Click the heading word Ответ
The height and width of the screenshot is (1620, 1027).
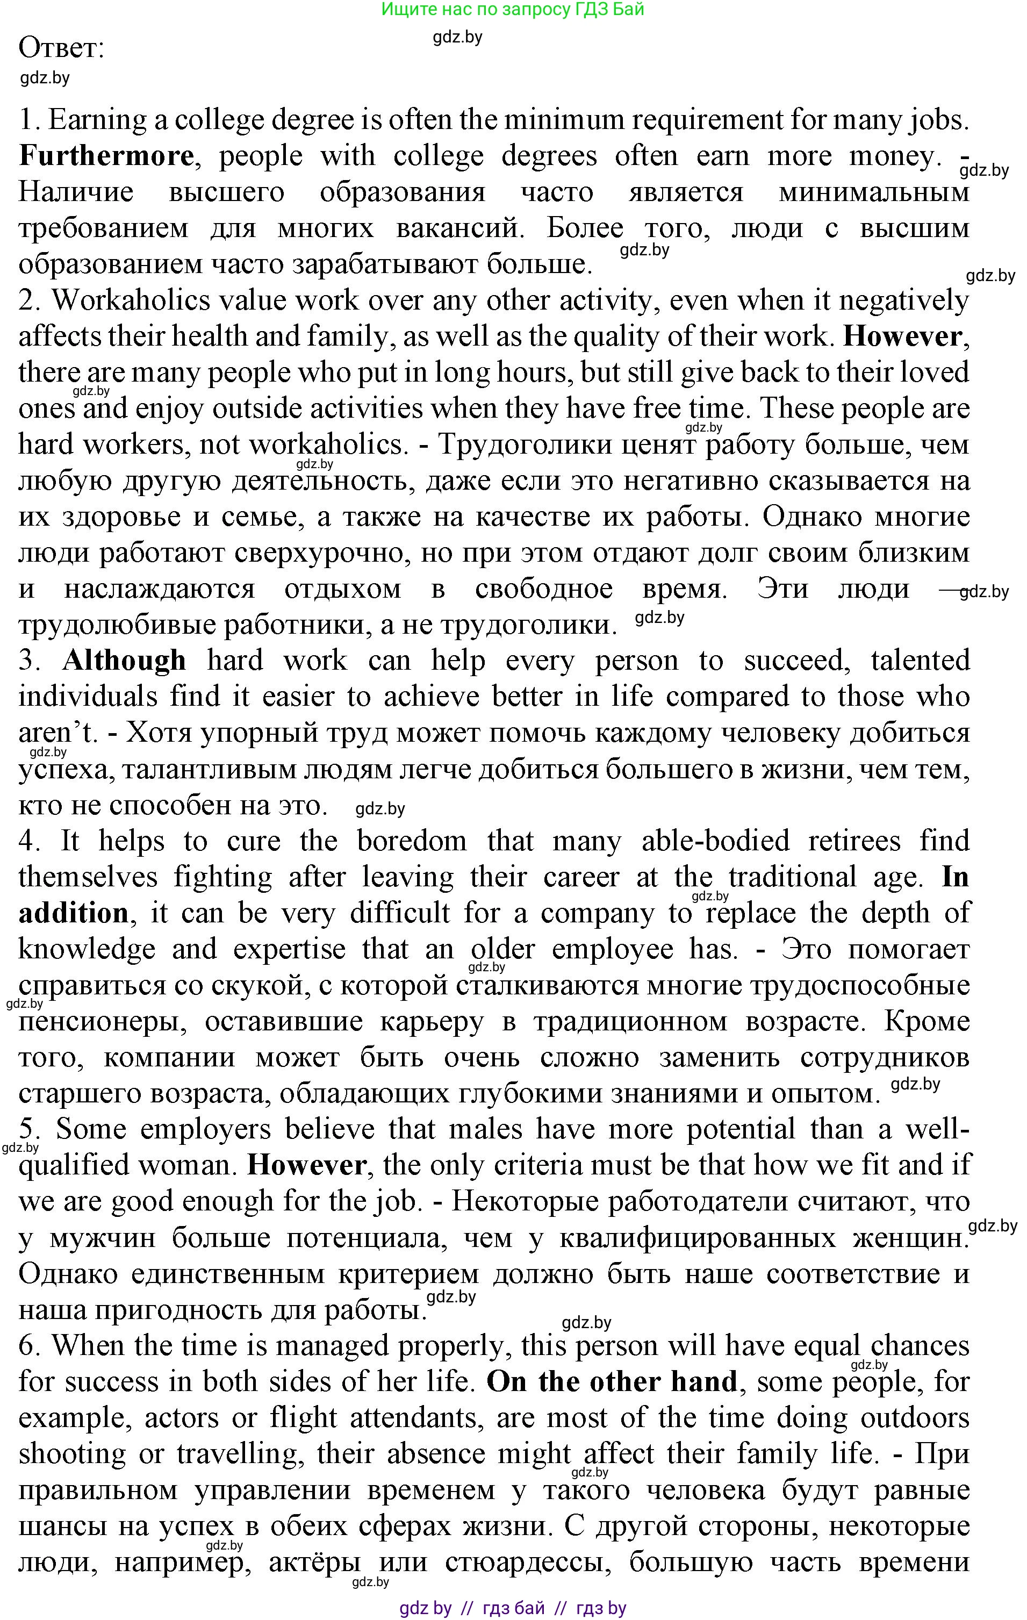click(61, 48)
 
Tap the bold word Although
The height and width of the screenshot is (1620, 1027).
click(125, 661)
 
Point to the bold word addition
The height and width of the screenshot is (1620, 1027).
click(73, 914)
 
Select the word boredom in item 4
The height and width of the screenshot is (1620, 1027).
click(412, 842)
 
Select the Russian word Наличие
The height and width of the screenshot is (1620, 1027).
click(75, 192)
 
